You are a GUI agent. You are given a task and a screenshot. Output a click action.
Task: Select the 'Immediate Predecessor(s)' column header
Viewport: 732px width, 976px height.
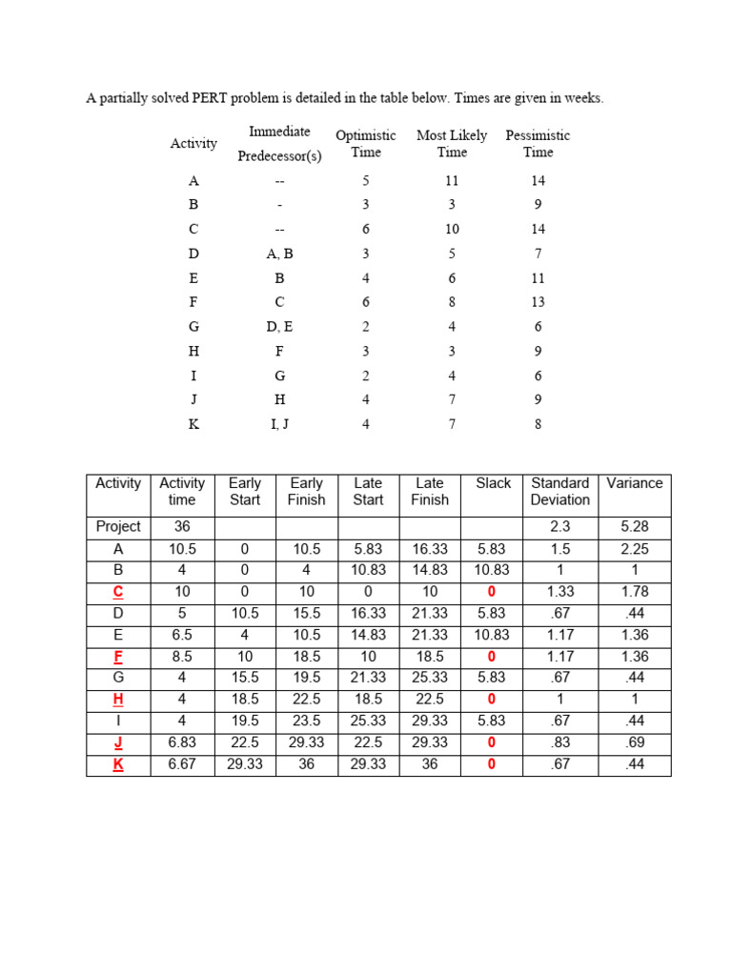(x=279, y=143)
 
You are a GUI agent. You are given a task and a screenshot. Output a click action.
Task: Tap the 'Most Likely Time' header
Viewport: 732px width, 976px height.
(x=452, y=143)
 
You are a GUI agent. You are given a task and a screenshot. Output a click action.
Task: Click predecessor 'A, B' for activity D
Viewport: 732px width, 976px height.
(x=279, y=254)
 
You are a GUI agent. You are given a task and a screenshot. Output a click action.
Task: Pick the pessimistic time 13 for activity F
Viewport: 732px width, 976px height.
(x=538, y=302)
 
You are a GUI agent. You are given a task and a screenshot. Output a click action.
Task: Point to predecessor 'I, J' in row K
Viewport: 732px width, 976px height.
(x=279, y=424)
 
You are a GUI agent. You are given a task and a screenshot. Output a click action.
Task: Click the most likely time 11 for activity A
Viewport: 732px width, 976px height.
(x=452, y=180)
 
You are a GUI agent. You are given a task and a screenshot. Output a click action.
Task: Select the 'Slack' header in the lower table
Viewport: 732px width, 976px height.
(x=493, y=483)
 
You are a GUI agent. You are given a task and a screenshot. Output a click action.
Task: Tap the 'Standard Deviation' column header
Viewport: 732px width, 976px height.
(x=559, y=491)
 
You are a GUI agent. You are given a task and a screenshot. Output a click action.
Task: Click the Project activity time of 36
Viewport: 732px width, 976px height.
(x=181, y=526)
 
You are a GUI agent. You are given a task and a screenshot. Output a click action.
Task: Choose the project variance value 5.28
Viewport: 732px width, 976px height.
(x=634, y=526)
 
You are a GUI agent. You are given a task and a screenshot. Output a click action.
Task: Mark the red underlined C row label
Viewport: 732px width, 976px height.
(x=118, y=592)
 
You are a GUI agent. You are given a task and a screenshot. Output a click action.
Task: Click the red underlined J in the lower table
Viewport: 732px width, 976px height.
(x=118, y=743)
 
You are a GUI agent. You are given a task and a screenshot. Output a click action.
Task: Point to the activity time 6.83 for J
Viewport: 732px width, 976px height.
(x=181, y=743)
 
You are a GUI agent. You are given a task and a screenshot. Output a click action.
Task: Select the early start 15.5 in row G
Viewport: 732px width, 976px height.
(x=245, y=678)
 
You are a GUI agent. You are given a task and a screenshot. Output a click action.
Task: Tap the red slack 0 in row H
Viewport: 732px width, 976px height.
(x=493, y=700)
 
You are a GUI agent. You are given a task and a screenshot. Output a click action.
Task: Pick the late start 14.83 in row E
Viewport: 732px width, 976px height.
(x=368, y=635)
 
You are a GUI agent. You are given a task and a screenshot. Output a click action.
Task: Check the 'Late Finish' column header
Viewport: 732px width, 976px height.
(x=430, y=491)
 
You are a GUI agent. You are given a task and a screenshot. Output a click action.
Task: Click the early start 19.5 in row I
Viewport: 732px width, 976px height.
(x=245, y=722)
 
